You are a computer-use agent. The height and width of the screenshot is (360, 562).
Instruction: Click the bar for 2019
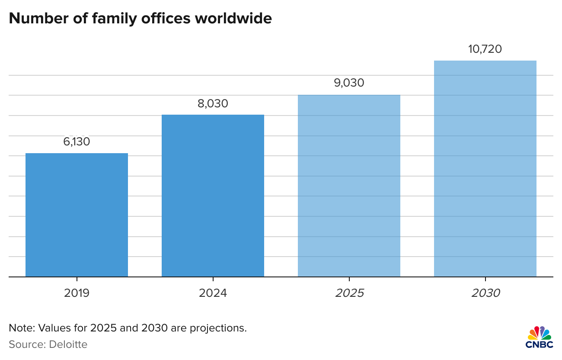pyautogui.click(x=77, y=215)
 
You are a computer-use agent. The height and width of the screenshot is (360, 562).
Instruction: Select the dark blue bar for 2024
pyautogui.click(x=213, y=196)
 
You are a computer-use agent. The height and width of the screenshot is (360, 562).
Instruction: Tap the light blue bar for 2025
pyautogui.click(x=349, y=186)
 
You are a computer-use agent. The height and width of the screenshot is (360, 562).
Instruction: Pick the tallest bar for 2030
pyautogui.click(x=485, y=168)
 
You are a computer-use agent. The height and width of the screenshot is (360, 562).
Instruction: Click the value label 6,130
pyautogui.click(x=77, y=141)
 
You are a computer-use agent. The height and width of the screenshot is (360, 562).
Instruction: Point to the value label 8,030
pyautogui.click(x=213, y=103)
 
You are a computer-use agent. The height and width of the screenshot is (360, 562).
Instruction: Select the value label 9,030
pyautogui.click(x=349, y=83)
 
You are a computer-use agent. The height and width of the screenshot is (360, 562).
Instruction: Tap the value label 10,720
pyautogui.click(x=485, y=49)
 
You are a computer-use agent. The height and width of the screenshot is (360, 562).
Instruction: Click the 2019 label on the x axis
pyautogui.click(x=77, y=293)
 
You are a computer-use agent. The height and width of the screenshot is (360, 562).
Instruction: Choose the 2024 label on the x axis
pyautogui.click(x=213, y=293)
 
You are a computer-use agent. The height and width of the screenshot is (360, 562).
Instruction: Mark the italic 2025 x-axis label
pyautogui.click(x=349, y=293)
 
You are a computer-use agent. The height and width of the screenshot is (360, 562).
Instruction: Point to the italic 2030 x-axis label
pyautogui.click(x=485, y=293)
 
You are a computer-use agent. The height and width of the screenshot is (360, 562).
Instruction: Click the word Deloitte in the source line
pyautogui.click(x=68, y=344)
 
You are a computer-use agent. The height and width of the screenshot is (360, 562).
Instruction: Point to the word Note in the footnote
pyautogui.click(x=19, y=328)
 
